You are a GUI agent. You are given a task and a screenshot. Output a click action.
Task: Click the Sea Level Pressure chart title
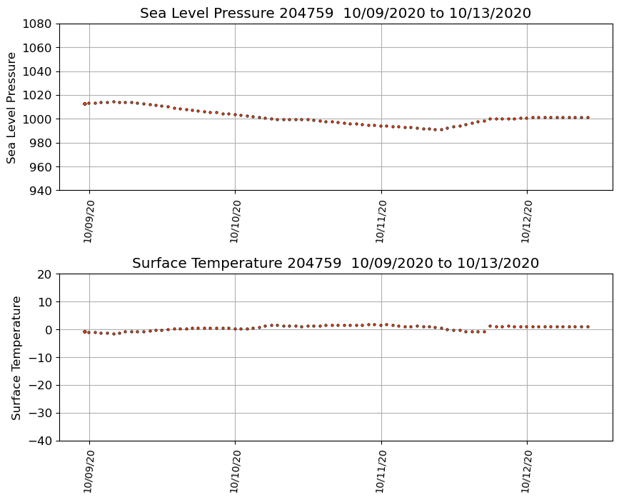(x=336, y=14)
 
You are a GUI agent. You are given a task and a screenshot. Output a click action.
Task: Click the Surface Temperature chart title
(x=336, y=264)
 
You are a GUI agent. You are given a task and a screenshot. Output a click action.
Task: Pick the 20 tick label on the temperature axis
(x=45, y=274)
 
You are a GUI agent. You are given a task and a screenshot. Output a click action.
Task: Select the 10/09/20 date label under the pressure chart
(x=89, y=221)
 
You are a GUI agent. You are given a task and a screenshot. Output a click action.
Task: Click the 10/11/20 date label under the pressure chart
(x=381, y=221)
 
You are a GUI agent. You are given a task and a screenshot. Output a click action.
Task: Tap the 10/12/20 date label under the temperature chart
(x=527, y=471)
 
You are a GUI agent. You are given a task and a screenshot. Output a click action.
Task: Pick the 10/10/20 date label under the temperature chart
(x=235, y=471)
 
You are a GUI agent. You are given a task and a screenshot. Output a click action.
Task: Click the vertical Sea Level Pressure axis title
(x=12, y=107)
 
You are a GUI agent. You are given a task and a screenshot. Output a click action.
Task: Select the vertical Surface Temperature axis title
(x=16, y=357)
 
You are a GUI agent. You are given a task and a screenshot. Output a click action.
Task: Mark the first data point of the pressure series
(x=84, y=104)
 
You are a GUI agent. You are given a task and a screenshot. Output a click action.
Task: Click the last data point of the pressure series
(x=588, y=117)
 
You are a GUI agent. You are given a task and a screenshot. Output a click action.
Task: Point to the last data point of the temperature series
(x=588, y=326)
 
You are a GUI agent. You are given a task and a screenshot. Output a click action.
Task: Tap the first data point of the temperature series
(x=84, y=331)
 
